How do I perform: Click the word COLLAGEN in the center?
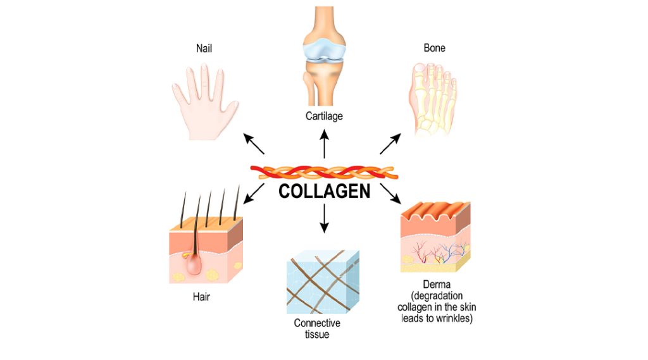click(x=324, y=191)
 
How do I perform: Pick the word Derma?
click(x=437, y=285)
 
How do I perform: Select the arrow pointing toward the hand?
click(x=254, y=144)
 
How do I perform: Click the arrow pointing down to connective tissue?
click(x=325, y=218)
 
